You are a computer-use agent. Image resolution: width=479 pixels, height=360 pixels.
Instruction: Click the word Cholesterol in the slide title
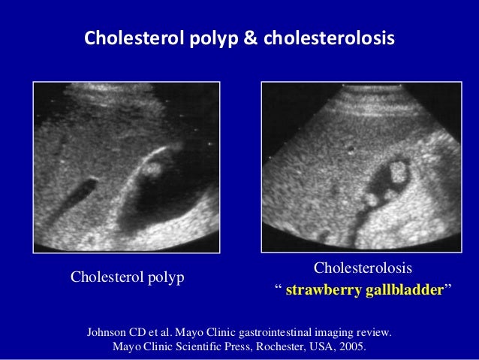[123, 37]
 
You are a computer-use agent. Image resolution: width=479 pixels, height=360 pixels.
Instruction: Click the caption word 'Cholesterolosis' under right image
[363, 268]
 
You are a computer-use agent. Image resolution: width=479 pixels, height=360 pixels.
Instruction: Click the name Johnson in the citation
[109, 331]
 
